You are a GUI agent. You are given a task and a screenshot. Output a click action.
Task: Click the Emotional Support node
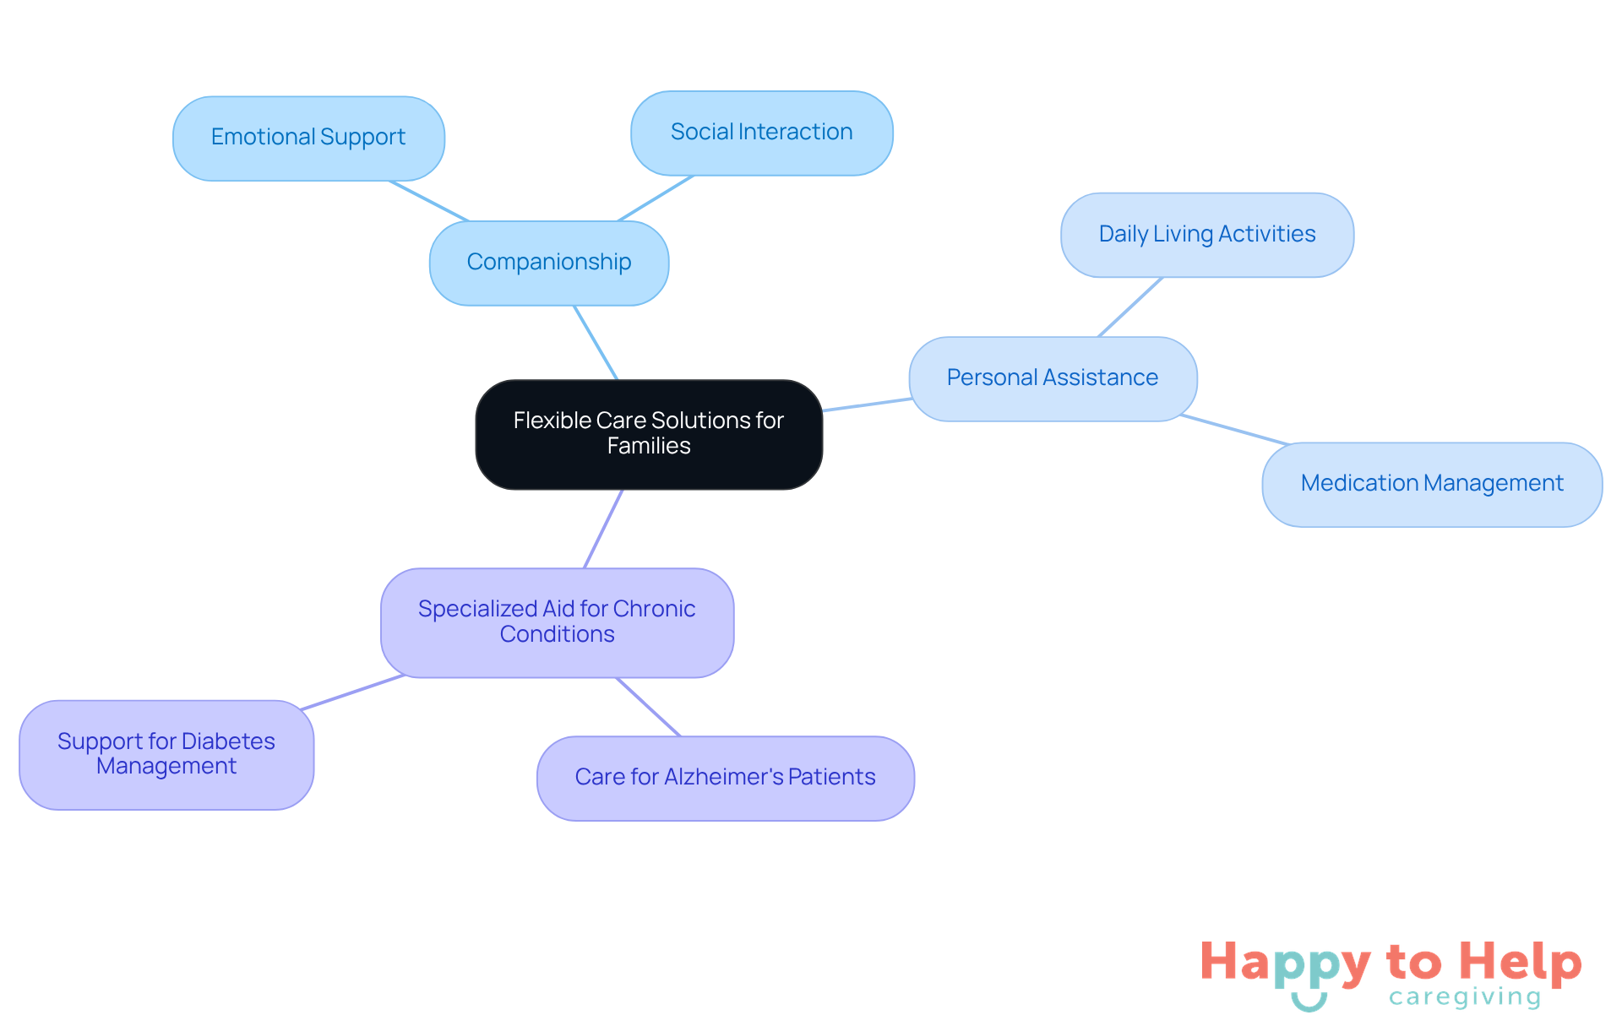point(308,138)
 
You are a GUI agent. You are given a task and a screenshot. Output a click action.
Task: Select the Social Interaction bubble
point(762,133)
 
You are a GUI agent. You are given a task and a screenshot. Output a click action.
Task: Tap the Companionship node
point(549,263)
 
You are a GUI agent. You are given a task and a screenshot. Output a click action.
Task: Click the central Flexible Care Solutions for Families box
point(649,434)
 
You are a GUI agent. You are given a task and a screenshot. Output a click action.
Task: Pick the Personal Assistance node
point(1053,379)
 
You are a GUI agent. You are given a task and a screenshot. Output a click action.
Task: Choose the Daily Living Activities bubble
point(1207,235)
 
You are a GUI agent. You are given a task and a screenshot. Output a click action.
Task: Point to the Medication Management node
point(1432,485)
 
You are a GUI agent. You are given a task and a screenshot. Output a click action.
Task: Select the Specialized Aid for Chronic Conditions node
point(558,622)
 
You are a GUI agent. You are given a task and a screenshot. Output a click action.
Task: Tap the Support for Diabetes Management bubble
point(166,755)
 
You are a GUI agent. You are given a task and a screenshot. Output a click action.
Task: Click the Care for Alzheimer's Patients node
point(726,779)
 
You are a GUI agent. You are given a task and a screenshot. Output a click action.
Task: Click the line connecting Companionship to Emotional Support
point(429,201)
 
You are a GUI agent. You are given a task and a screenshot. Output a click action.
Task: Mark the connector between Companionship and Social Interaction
point(656,198)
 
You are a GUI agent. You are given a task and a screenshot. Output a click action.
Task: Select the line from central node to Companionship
point(596,343)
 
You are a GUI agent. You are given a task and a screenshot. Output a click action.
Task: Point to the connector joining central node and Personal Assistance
point(868,404)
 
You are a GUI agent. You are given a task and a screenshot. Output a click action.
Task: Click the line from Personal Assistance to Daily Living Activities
point(1130,307)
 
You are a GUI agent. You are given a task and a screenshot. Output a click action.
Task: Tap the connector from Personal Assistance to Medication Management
point(1235,430)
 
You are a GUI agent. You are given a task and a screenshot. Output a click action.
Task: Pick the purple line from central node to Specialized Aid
point(603,529)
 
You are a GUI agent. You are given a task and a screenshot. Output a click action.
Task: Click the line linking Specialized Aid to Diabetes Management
point(353,692)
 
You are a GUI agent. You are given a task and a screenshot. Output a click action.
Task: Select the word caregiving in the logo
point(1465,997)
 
